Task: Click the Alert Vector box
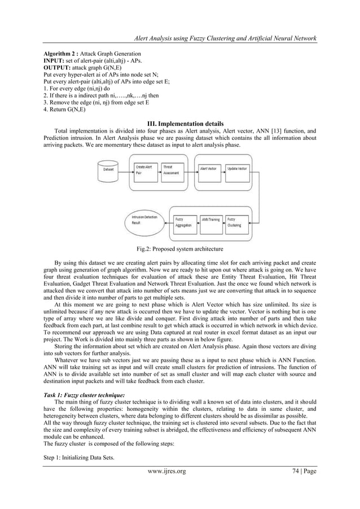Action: [210, 170]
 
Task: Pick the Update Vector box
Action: [237, 170]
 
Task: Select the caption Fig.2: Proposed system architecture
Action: [180, 248]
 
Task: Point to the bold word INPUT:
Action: [56, 59]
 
